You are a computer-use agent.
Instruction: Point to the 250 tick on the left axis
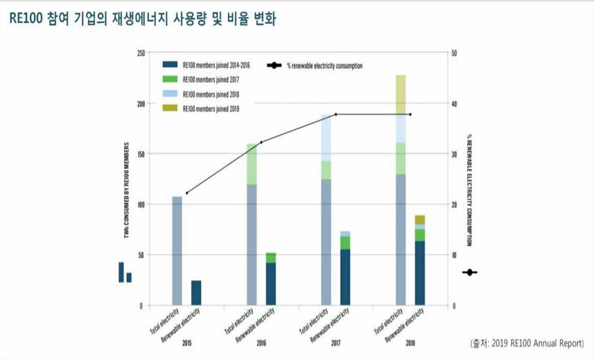(140, 53)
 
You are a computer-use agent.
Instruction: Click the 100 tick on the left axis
(140, 205)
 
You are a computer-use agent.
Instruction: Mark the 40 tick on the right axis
(456, 103)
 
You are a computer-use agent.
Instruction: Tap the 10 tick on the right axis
(456, 255)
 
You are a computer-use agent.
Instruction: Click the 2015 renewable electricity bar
(196, 292)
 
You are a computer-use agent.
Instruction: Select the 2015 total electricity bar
(178, 251)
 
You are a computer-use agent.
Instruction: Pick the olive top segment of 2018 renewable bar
(420, 220)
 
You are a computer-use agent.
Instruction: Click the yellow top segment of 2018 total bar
(401, 95)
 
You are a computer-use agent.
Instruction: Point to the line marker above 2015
(186, 193)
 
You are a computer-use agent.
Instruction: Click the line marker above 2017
(336, 114)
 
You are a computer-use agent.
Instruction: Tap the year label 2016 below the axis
(261, 344)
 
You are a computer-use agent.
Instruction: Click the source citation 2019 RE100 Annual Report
(526, 343)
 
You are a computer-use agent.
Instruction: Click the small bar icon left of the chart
(125, 272)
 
